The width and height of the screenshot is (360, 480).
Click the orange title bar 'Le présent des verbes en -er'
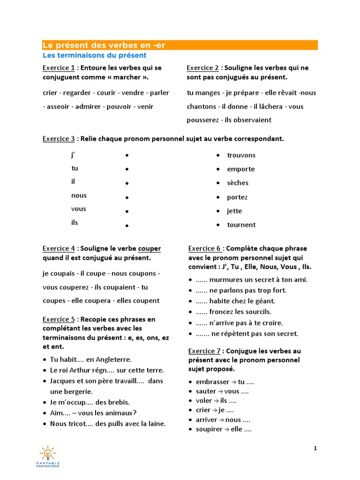point(180,45)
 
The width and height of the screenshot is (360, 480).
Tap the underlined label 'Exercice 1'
point(59,68)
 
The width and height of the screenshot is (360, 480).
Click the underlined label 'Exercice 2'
point(203,68)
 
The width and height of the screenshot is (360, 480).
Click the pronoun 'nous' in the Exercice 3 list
point(79,195)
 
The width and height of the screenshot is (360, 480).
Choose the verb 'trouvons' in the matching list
point(241,155)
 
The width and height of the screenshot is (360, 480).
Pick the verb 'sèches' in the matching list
point(238,183)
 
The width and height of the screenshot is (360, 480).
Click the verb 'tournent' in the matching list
point(241,225)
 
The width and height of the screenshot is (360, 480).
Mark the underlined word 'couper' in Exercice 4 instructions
point(150,248)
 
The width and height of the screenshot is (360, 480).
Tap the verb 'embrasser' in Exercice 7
point(212,382)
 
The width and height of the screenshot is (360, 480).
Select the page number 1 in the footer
point(315,449)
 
